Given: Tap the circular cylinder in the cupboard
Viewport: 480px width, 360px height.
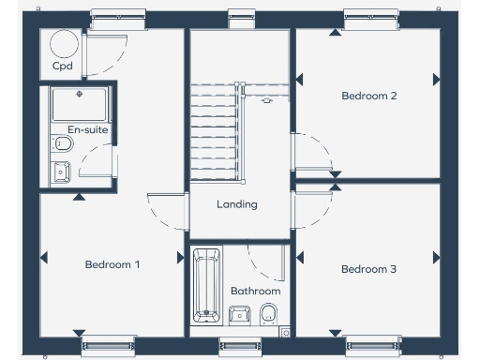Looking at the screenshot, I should tap(63, 43).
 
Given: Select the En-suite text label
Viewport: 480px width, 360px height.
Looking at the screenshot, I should tap(87, 129).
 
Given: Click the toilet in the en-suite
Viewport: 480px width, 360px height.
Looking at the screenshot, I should tap(63, 143).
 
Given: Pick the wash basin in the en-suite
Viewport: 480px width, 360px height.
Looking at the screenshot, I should tap(61, 172).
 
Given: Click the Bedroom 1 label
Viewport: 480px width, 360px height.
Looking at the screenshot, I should tap(112, 264).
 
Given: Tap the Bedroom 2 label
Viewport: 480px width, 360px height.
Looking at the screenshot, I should tap(369, 96).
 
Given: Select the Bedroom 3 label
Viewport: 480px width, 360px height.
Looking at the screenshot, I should tap(368, 269).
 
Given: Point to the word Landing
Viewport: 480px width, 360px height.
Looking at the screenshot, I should tap(236, 204).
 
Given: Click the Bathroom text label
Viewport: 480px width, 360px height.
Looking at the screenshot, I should tap(255, 291).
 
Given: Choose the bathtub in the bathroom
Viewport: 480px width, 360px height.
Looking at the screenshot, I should tap(205, 285).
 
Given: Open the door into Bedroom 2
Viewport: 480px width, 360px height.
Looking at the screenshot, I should tap(312, 152).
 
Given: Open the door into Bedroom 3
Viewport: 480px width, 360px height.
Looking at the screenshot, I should tap(312, 206).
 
